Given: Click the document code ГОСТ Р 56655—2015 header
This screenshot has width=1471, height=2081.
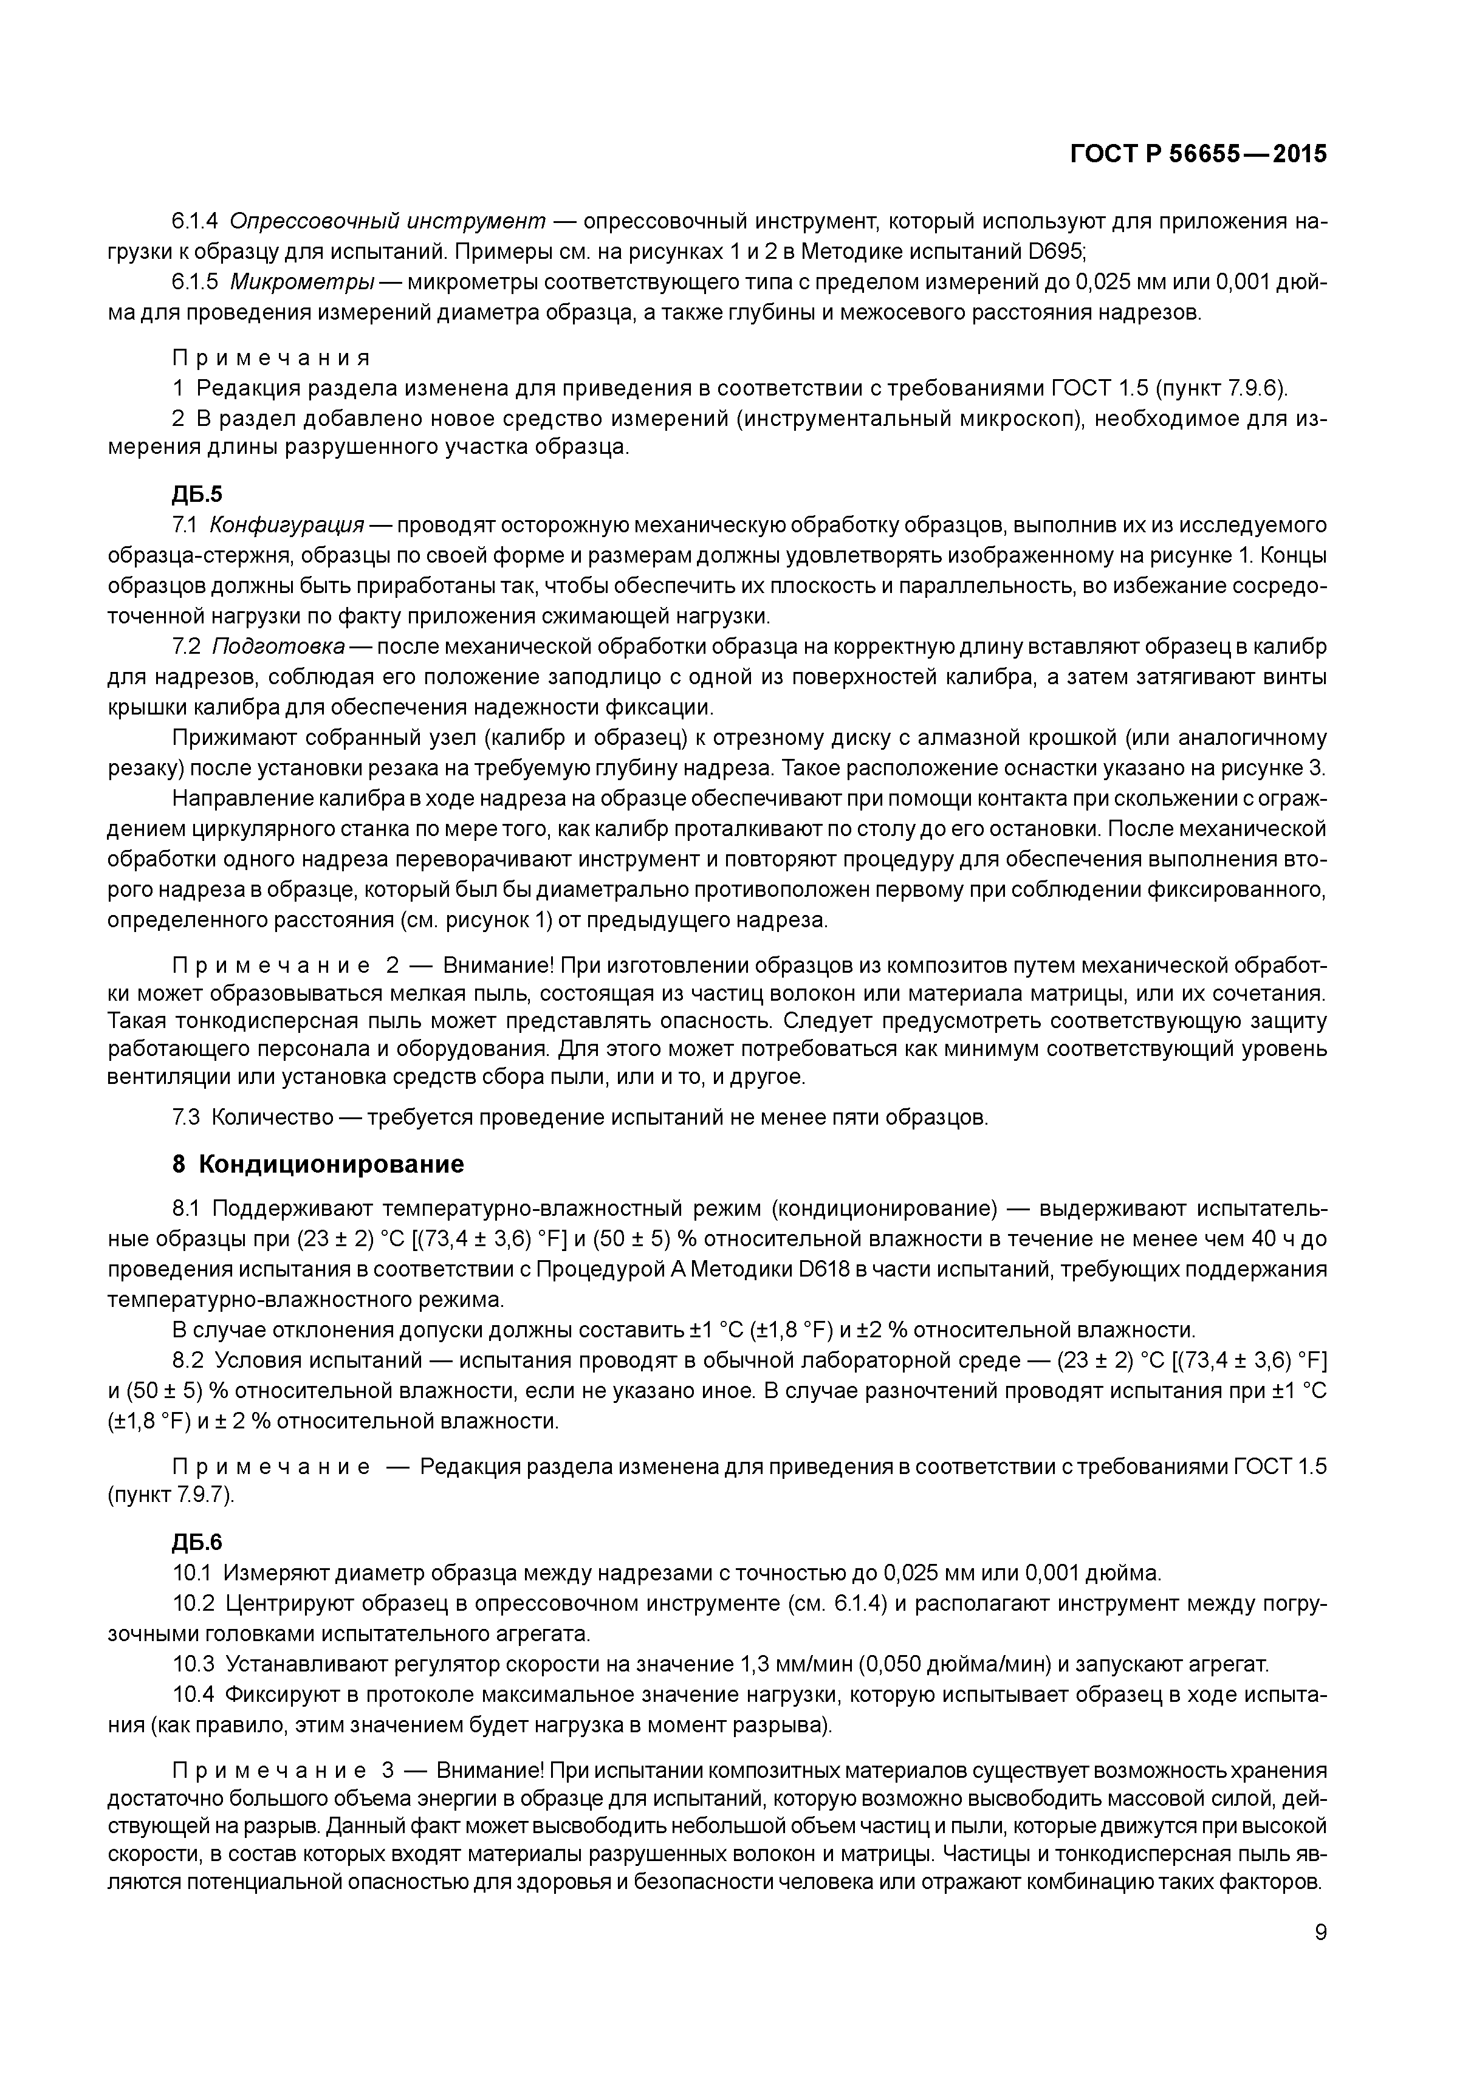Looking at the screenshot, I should pos(1198,154).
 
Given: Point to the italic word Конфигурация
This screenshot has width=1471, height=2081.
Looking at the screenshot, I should pos(286,525).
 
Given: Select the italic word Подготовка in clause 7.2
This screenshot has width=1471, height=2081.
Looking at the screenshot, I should pos(278,646).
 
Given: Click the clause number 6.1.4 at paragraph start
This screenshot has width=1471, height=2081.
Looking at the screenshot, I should pos(195,221).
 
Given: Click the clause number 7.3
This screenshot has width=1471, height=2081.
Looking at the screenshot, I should pos(186,1117).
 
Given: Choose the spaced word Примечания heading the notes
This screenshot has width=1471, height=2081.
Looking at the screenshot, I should pos(271,357).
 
